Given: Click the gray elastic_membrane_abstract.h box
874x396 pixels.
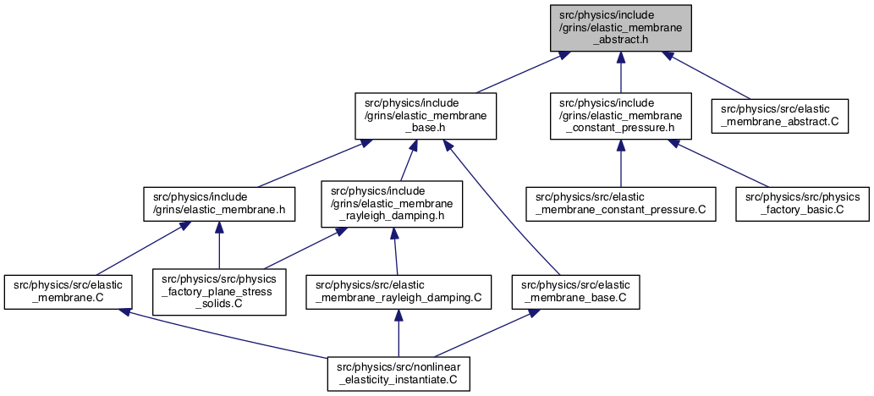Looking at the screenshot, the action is click(x=621, y=27).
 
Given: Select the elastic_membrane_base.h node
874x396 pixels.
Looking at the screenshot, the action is click(x=426, y=116).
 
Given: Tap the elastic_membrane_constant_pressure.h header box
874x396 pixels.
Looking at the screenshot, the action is click(x=621, y=116).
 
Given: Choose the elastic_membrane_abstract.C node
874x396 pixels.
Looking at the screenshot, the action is click(x=780, y=116).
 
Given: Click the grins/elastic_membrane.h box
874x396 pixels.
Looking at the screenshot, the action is click(x=219, y=204).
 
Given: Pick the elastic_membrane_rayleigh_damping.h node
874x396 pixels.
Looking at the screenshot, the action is click(x=392, y=204).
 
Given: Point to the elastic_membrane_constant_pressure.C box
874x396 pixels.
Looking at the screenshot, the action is click(x=621, y=204).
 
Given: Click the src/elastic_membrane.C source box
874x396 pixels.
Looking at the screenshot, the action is click(x=68, y=292).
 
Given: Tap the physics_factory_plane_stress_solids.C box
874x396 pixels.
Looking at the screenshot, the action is click(x=219, y=292).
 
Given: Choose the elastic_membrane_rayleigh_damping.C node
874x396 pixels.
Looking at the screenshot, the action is click(x=399, y=292).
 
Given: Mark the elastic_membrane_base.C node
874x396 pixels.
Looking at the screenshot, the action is click(x=576, y=292).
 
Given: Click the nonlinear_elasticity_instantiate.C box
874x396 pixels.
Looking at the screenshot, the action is click(x=399, y=374).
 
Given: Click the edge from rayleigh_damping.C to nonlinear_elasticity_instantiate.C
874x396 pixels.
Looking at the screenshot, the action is click(x=399, y=333).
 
